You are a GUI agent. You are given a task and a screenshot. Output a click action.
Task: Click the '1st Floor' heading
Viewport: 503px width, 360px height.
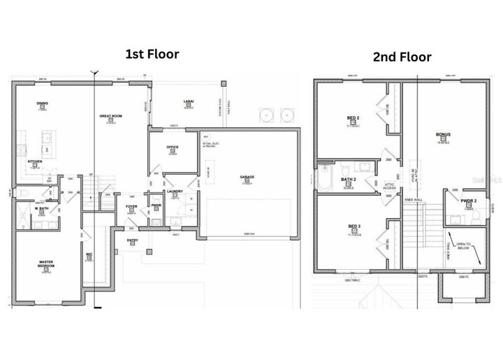tap(152, 54)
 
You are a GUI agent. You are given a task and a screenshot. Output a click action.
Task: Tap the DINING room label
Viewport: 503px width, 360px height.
tap(42, 103)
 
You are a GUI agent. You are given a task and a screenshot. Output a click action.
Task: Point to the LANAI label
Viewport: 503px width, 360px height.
tap(188, 102)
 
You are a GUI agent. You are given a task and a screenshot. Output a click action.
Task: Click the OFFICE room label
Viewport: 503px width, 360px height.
tap(173, 147)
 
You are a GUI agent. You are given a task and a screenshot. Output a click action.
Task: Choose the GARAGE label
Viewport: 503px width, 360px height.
tap(247, 177)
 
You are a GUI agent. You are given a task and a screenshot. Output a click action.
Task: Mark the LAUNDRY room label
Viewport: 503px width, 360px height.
tap(175, 192)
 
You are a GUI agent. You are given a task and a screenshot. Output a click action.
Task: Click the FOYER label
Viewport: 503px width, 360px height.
tap(131, 207)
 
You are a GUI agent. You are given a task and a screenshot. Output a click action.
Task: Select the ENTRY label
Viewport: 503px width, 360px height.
tap(132, 240)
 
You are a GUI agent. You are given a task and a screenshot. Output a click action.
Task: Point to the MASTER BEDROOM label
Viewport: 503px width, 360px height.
tap(47, 266)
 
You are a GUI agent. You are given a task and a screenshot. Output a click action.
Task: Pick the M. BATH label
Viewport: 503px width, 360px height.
tap(43, 208)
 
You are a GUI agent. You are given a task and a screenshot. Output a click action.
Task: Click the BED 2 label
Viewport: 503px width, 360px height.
tap(353, 118)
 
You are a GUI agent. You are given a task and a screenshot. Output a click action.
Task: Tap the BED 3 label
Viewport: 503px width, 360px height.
tap(353, 227)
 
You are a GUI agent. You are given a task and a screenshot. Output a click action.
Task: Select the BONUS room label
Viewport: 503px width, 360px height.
tap(442, 135)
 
